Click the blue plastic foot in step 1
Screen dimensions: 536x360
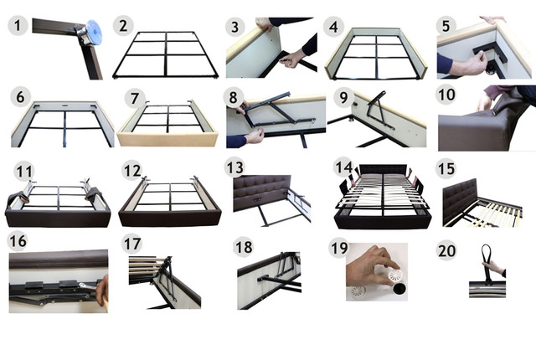(94, 33)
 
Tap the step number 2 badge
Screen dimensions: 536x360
(123, 25)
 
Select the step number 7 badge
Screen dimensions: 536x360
(134, 98)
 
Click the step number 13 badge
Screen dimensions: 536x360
(234, 167)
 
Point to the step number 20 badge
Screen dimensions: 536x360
(446, 250)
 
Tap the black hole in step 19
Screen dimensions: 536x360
(399, 289)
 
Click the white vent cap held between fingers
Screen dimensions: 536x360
(396, 275)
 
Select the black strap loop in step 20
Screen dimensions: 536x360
(487, 263)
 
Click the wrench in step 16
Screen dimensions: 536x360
(90, 285)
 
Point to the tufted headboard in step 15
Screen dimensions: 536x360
(460, 202)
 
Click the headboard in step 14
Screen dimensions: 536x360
(382, 170)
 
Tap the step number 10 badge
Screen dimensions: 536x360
(446, 95)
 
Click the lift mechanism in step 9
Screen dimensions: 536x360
(379, 110)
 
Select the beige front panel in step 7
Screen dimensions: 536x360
(167, 139)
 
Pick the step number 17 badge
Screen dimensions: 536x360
(132, 244)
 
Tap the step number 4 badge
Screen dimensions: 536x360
(334, 26)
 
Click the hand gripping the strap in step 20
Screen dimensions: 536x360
(494, 267)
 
